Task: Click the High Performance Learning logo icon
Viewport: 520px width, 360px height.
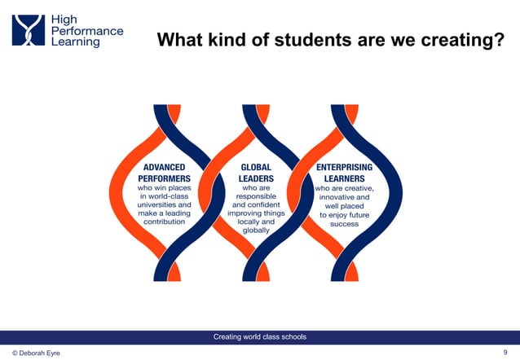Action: click(x=28, y=30)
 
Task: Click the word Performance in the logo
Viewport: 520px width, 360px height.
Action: click(x=87, y=30)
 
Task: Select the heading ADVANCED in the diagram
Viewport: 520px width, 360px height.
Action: click(x=164, y=166)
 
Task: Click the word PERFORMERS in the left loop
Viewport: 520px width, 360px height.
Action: click(x=164, y=177)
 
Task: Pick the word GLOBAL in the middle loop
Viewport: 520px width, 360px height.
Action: click(x=255, y=166)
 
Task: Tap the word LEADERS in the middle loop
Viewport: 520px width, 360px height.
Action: click(x=256, y=177)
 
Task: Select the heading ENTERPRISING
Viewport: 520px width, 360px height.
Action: click(x=344, y=166)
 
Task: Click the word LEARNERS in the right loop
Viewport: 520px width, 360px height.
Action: click(x=344, y=177)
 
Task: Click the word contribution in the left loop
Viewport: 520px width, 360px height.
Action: click(x=164, y=222)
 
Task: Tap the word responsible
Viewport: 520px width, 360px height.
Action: click(x=255, y=196)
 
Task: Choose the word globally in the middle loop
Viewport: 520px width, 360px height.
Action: click(x=255, y=230)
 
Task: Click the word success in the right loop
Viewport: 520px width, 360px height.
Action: click(x=344, y=223)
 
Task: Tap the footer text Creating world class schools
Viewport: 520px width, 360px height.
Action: click(x=259, y=337)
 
